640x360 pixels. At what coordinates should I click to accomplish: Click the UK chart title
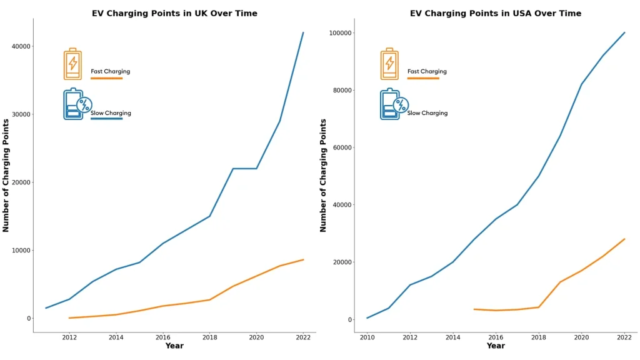[174, 13]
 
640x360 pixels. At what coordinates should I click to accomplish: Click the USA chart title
[495, 13]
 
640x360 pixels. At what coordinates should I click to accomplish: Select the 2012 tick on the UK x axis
[69, 337]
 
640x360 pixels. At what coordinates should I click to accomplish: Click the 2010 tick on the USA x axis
[367, 337]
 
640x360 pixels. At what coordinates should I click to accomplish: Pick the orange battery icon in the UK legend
[72, 64]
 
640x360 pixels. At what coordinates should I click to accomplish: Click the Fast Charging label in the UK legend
[111, 71]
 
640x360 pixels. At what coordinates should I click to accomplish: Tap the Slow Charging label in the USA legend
[427, 113]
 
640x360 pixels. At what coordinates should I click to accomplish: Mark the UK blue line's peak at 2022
[303, 32]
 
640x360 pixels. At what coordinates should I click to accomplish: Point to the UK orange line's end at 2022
[303, 259]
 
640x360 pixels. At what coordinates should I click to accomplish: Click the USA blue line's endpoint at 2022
[624, 32]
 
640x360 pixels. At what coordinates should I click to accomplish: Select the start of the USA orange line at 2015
[474, 309]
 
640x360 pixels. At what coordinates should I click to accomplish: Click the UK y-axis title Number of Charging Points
[6, 175]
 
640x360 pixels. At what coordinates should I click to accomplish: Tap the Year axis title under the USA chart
[495, 346]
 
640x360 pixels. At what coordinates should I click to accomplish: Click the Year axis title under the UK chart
[174, 346]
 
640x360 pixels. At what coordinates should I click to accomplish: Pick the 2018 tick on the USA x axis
[538, 337]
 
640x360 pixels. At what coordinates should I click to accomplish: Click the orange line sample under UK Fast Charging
[106, 78]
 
